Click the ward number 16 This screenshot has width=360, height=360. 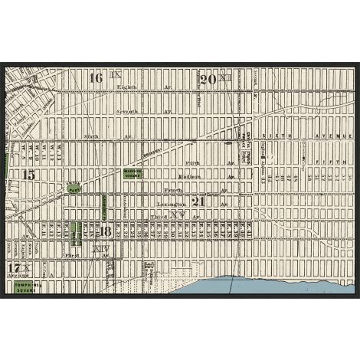pos(96,78)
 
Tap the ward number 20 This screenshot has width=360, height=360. pos(207,80)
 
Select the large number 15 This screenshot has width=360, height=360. pos(29,175)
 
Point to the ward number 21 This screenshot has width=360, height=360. pos(198,202)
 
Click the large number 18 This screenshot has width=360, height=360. pos(106,231)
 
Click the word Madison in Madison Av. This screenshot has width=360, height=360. pos(190,177)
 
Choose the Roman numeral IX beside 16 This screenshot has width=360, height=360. pos(116,75)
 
